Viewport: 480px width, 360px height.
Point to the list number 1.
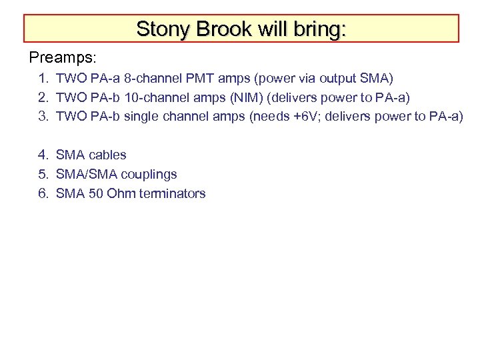click(x=43, y=79)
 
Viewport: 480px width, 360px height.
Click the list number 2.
click(x=43, y=97)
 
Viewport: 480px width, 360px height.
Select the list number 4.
click(x=43, y=155)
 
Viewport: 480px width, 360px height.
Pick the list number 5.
click(x=43, y=174)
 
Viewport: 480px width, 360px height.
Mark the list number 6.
click(x=43, y=193)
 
